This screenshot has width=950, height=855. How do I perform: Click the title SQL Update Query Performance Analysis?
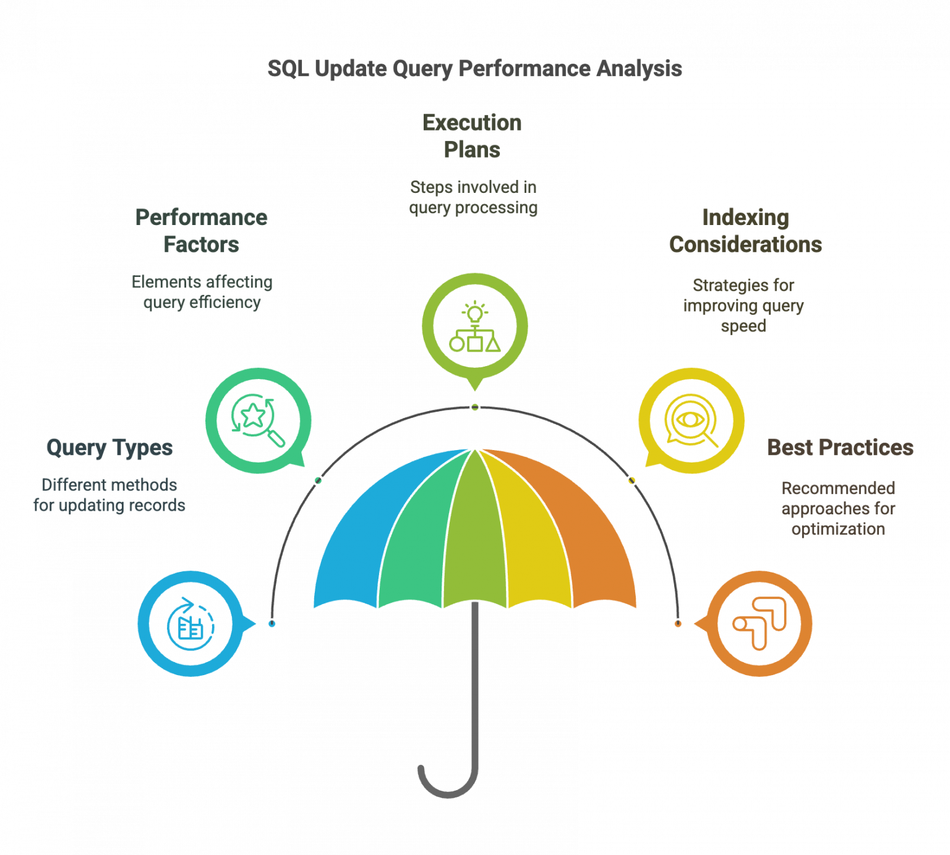(474, 69)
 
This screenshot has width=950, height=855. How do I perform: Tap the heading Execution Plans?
(472, 136)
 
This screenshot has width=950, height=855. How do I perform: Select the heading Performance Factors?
(202, 231)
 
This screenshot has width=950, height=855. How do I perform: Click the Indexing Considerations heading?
(745, 231)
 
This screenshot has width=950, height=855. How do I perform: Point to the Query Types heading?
(109, 448)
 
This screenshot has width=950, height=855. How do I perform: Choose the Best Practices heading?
(840, 448)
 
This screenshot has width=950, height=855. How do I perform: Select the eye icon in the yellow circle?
(691, 420)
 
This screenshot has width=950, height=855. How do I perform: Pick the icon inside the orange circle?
(760, 623)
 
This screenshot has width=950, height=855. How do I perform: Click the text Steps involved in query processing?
(473, 197)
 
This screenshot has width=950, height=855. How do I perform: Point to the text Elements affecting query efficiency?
(202, 292)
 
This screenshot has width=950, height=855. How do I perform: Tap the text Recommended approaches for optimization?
(838, 508)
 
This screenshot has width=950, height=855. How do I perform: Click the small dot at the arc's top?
(474, 407)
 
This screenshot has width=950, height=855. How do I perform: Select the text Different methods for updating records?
(109, 495)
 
